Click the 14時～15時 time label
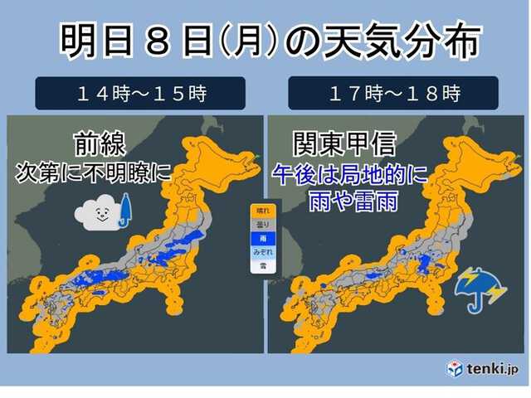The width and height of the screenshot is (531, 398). [140, 93]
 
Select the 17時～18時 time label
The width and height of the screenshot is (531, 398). [393, 93]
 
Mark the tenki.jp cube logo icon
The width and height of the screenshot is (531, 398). [455, 367]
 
